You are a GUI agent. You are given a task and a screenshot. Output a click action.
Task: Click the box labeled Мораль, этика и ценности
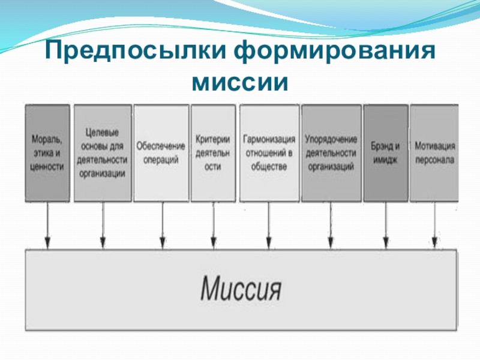(47, 153)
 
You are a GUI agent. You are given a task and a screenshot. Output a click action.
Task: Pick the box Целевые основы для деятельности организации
(102, 153)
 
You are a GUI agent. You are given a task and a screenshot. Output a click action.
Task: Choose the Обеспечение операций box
(161, 153)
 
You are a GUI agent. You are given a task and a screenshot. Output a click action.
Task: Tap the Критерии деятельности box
(213, 153)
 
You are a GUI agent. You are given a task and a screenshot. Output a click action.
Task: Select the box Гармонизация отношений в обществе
(269, 153)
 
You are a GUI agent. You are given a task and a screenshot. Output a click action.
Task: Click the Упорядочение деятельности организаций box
(331, 153)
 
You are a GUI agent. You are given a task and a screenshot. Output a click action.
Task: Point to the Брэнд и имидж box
(385, 153)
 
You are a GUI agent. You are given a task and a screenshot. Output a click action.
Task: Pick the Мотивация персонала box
(434, 153)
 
